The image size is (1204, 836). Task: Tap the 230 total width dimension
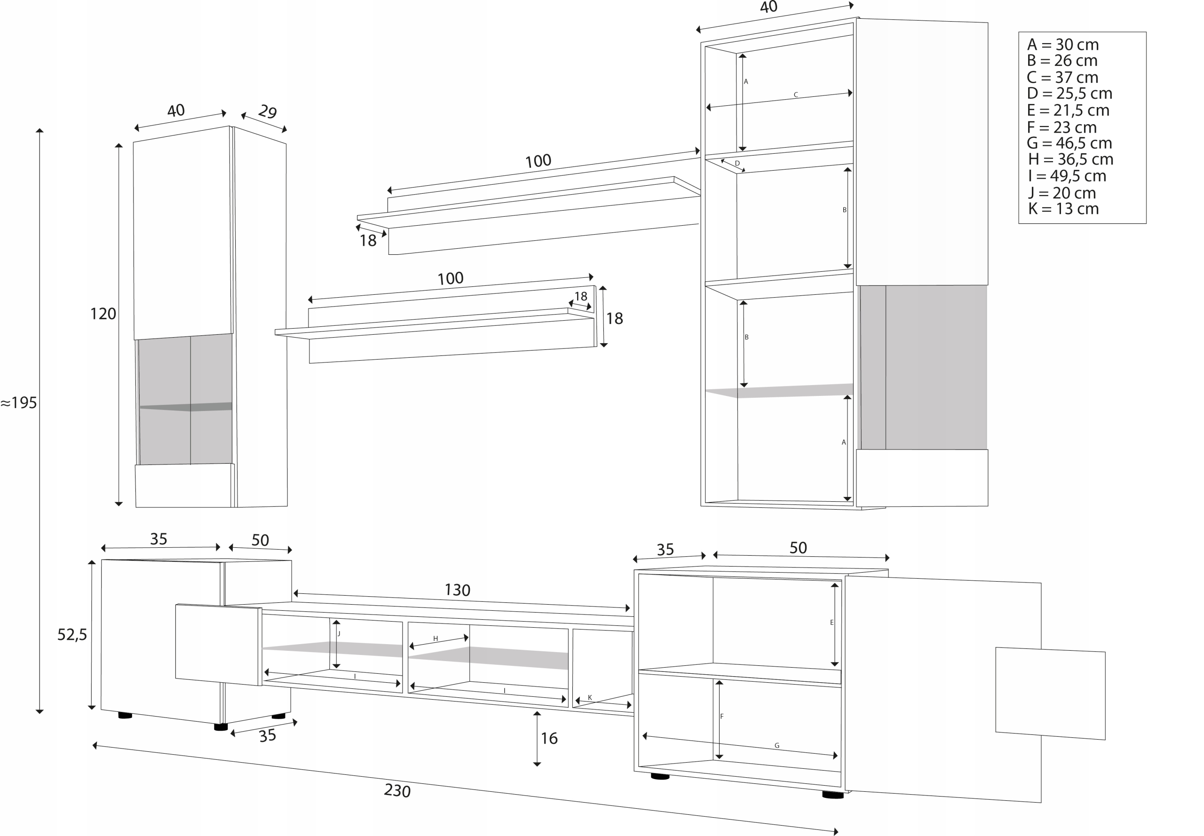396,790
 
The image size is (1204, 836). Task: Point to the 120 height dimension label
103,314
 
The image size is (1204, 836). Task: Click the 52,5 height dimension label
72,635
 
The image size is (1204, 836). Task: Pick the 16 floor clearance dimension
548,739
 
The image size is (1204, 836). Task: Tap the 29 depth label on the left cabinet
267,111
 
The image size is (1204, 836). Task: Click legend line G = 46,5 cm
1069,143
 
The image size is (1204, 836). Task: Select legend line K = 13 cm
1063,209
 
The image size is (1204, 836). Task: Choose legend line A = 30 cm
1062,45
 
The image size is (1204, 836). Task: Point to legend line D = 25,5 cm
1069,94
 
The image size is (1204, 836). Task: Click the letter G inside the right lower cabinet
776,746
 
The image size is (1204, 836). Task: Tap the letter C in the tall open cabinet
795,95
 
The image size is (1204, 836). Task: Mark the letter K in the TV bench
589,698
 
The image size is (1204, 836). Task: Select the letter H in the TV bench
435,639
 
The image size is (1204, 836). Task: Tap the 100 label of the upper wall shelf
538,161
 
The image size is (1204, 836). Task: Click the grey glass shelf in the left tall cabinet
186,406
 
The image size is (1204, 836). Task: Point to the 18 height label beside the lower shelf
614,318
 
